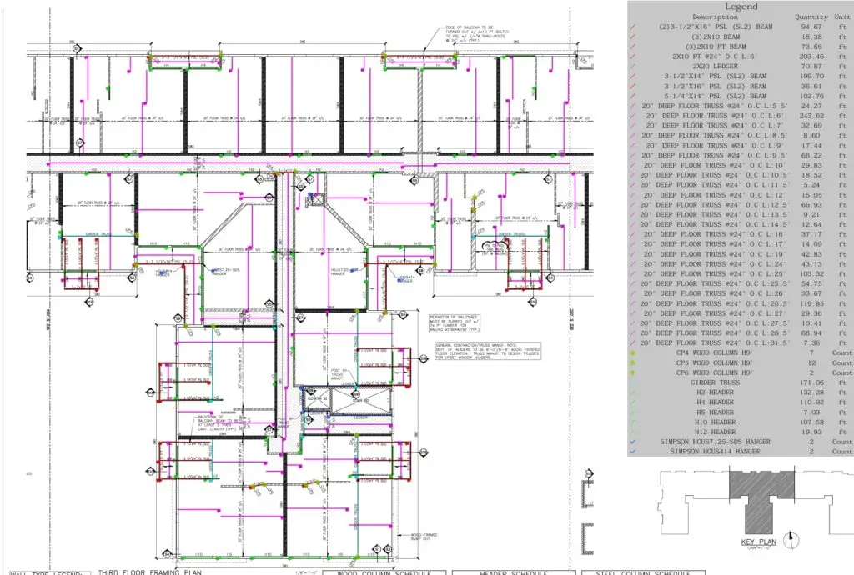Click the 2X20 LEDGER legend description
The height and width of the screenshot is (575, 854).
[x=715, y=66]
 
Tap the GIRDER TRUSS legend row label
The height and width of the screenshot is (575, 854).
[x=715, y=382]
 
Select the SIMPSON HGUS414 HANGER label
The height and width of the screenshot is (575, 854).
[x=715, y=451]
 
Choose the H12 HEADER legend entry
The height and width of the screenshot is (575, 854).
[x=715, y=432]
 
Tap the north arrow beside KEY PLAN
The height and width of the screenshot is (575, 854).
[x=789, y=539]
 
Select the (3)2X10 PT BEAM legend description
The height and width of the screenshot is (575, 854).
[x=715, y=47]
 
